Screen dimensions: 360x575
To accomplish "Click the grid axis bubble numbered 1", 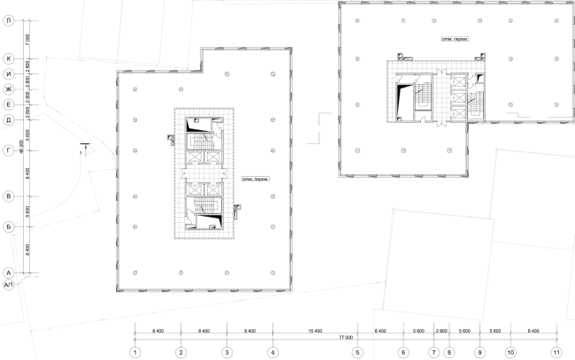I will click(134, 352).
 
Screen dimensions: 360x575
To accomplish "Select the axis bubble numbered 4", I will click(272, 352).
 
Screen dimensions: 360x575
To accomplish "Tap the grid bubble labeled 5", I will click(357, 352).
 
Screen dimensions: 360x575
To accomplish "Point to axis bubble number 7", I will click(433, 352).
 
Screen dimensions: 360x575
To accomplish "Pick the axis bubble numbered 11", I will click(556, 352).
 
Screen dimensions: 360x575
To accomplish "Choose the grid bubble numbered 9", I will click(479, 352).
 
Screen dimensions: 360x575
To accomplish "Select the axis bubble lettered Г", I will click(8, 149).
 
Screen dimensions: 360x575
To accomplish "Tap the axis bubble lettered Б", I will click(8, 227).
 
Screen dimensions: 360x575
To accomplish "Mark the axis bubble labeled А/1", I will click(8, 286).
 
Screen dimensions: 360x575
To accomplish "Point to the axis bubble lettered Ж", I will click(8, 88).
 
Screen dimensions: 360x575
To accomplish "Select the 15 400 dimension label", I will click(315, 330).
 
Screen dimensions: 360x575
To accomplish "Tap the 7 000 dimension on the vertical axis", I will click(27, 40).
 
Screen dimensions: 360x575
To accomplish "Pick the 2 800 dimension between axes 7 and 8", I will click(441, 330).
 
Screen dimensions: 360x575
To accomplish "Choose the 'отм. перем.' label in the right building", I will click(455, 40).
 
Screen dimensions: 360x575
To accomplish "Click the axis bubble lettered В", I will click(8, 195).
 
